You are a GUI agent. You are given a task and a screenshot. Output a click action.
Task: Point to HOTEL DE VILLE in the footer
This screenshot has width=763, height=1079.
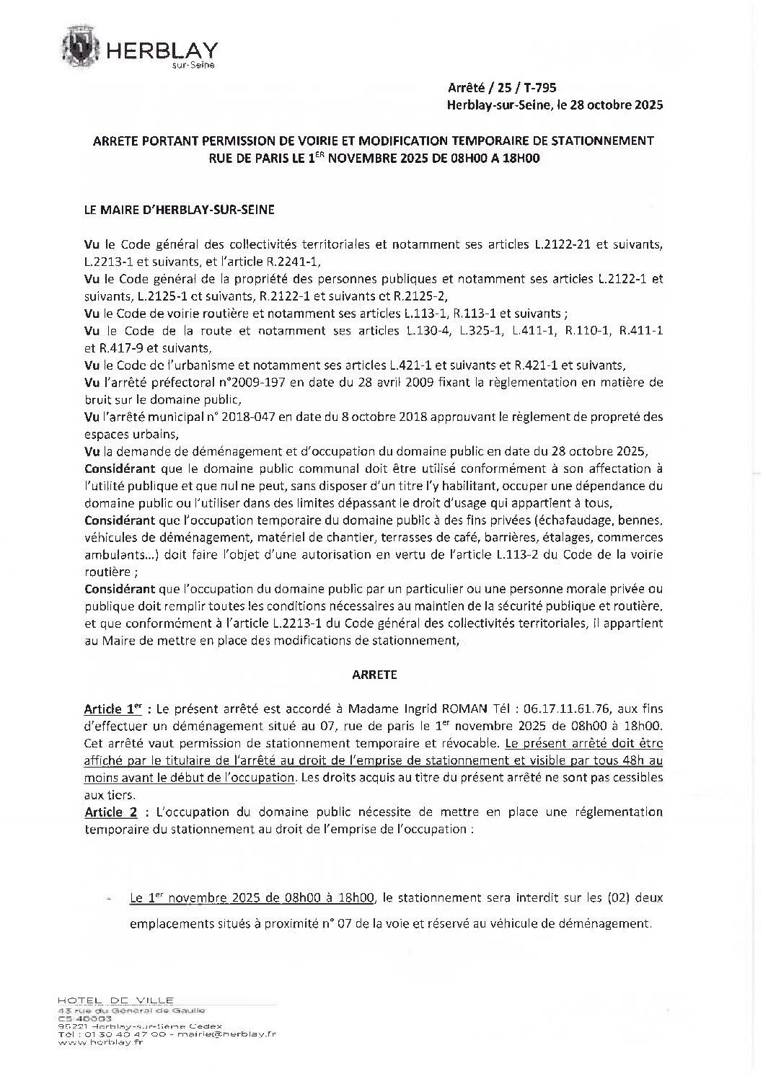[115, 1000]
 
